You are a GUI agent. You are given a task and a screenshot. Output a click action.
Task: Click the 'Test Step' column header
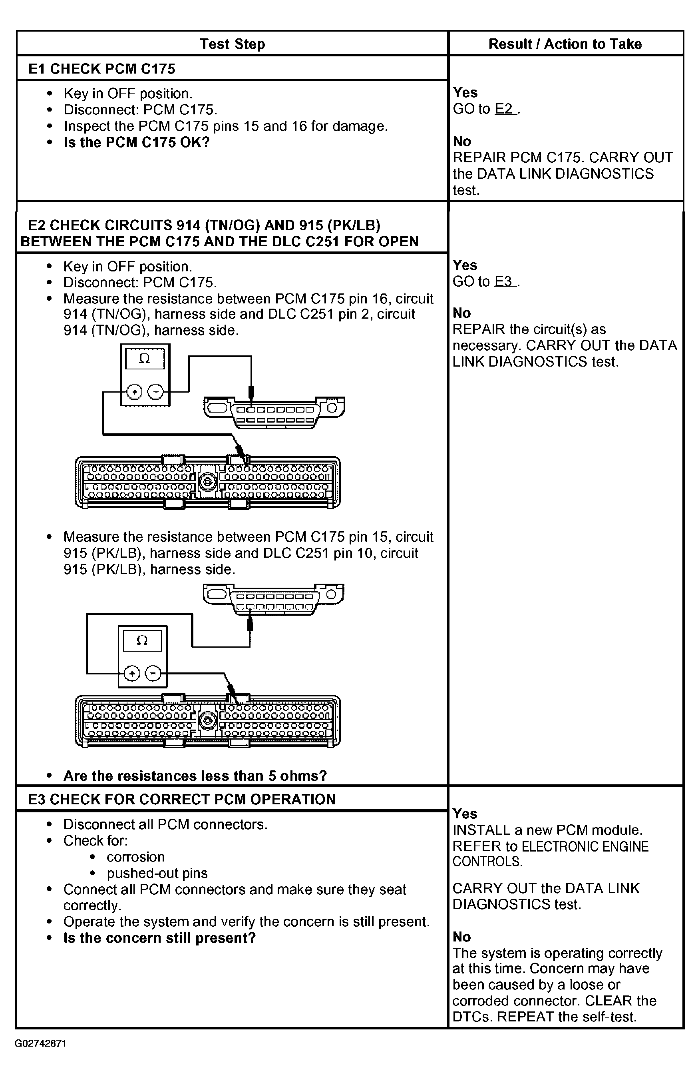(233, 44)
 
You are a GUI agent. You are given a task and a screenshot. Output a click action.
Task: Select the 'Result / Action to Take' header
(565, 44)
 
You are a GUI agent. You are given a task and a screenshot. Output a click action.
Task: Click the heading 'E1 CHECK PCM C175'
(102, 69)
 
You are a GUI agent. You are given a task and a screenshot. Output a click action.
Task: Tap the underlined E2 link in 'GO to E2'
(505, 109)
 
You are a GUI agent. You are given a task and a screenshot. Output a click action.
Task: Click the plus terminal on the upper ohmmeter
(134, 391)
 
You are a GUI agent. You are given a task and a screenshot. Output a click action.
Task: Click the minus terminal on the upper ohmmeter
(155, 391)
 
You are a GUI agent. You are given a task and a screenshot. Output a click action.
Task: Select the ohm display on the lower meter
(142, 640)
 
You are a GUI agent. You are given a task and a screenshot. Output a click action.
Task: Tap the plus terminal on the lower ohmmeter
(132, 674)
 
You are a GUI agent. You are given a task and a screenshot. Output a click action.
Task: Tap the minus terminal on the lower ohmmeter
(153, 674)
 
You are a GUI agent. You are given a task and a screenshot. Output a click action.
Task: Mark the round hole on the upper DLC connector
(332, 408)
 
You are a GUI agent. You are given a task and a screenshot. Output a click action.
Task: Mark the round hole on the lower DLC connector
(332, 594)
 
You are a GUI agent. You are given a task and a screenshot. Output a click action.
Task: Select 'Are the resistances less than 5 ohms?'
(195, 776)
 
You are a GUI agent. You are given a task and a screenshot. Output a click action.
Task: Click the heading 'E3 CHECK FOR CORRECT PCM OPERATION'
(182, 799)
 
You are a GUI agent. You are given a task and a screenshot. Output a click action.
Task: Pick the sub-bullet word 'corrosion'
(136, 857)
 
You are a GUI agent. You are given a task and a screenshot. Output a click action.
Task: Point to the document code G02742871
(41, 1043)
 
